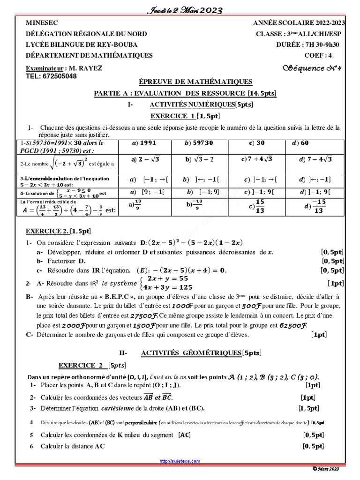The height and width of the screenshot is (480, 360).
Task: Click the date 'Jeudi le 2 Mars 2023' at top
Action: coord(180,10)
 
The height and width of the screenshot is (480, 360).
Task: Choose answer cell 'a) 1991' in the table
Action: coord(143,143)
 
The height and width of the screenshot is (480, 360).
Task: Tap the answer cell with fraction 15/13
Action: coord(257,205)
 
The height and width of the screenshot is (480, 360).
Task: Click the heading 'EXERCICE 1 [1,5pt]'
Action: coord(185,116)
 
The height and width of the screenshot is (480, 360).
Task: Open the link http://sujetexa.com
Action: coord(180,461)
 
